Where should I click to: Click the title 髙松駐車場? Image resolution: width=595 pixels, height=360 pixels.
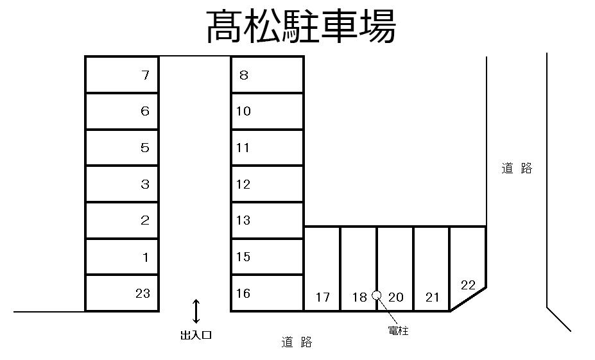pyautogui.click(x=301, y=27)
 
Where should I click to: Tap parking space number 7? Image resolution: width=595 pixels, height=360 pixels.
pyautogui.click(x=122, y=75)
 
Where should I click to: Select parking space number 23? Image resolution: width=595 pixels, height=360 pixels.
pyautogui.click(x=122, y=293)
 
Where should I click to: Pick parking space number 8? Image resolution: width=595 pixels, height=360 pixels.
pyautogui.click(x=267, y=75)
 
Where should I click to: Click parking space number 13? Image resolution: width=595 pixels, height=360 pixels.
pyautogui.click(x=267, y=221)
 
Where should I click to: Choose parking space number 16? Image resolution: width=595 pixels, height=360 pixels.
pyautogui.click(x=267, y=293)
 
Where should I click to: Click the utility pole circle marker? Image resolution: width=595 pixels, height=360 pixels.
pyautogui.click(x=377, y=295)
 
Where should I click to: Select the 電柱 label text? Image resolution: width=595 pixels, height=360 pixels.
pyautogui.click(x=398, y=331)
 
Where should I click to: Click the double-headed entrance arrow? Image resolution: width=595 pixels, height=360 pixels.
pyautogui.click(x=196, y=311)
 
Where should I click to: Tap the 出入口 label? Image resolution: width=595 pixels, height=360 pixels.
pyautogui.click(x=196, y=334)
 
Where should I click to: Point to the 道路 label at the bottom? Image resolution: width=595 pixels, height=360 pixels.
pyautogui.click(x=297, y=343)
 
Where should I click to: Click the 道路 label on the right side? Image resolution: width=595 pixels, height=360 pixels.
pyautogui.click(x=517, y=169)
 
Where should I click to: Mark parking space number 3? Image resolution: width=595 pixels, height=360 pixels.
pyautogui.click(x=122, y=184)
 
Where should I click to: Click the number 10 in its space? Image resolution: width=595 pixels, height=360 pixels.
pyautogui.click(x=243, y=111)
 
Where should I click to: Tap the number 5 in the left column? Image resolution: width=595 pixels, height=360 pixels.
pyautogui.click(x=144, y=148)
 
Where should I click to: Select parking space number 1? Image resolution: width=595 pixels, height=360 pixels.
pyautogui.click(x=122, y=257)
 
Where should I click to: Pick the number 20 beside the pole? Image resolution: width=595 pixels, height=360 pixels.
pyautogui.click(x=396, y=297)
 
